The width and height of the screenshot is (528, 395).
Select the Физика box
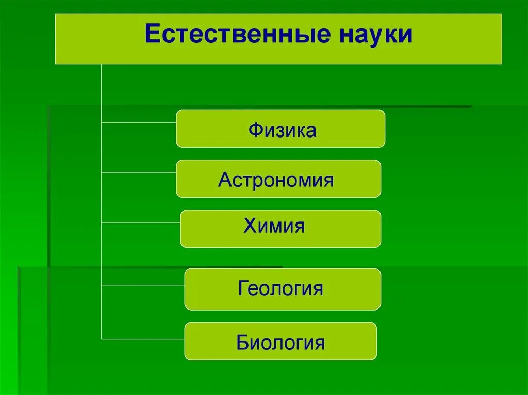point(280,129)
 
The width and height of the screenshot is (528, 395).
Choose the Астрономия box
point(278,179)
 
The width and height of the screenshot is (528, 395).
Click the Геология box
point(283,289)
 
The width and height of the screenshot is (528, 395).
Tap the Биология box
point(280,341)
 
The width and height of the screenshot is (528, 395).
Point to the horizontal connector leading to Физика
point(139,123)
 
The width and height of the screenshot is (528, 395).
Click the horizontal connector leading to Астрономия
point(139,173)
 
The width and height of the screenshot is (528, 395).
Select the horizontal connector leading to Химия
point(141,222)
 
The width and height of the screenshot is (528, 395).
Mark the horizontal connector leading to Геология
point(143,285)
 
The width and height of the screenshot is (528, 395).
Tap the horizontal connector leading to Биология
point(143,339)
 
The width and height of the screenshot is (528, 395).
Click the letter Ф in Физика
point(255,130)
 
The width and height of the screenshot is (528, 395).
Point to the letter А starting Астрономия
point(224,180)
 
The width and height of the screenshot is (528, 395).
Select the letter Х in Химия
point(250,226)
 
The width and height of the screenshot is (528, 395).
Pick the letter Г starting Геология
point(242,288)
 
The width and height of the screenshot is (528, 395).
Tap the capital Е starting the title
point(152,35)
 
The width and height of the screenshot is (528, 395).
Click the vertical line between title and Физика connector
point(102,93)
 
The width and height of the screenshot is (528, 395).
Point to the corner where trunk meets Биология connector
point(102,339)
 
